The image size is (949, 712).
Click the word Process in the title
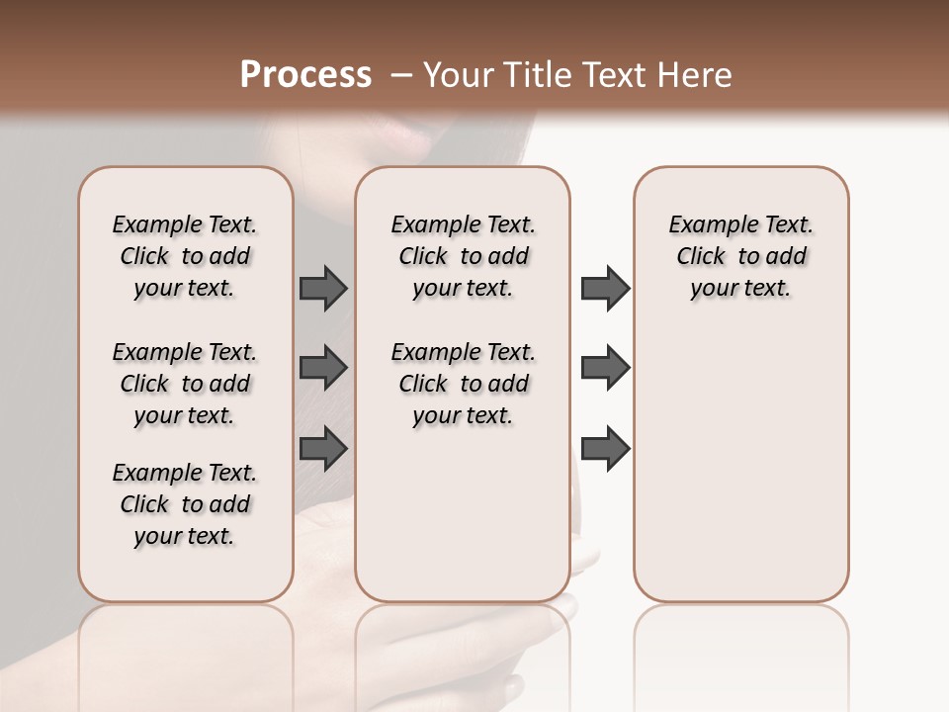tap(305, 75)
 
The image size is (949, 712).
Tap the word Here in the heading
tap(696, 75)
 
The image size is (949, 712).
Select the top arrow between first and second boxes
tap(323, 288)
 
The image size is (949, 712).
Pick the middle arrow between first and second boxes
tap(323, 368)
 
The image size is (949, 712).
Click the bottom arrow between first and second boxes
tap(323, 448)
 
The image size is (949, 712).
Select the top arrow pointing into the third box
tap(605, 288)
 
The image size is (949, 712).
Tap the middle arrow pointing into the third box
tap(605, 368)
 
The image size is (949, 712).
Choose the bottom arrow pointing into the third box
tap(605, 448)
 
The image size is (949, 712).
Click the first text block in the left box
tap(185, 256)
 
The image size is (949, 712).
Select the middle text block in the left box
tap(185, 384)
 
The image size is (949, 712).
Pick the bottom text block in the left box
tap(185, 504)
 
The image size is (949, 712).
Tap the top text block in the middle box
tap(463, 256)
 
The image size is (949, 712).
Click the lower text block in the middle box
tap(463, 384)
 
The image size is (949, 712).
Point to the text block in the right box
tap(740, 256)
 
